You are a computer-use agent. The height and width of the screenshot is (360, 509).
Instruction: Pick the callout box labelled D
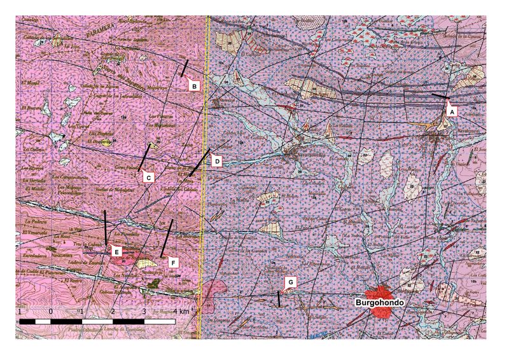(216, 162)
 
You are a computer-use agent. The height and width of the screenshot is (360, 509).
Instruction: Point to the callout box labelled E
(116, 252)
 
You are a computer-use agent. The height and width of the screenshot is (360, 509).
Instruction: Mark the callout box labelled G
(290, 281)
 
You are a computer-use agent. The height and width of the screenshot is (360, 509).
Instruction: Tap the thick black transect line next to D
(199, 163)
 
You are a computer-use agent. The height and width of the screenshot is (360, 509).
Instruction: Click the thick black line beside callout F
(168, 235)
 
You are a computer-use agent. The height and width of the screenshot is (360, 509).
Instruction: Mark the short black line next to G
(279, 299)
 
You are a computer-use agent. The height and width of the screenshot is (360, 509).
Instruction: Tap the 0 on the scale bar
(50, 312)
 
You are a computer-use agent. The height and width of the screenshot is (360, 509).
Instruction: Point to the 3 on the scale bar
(144, 312)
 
